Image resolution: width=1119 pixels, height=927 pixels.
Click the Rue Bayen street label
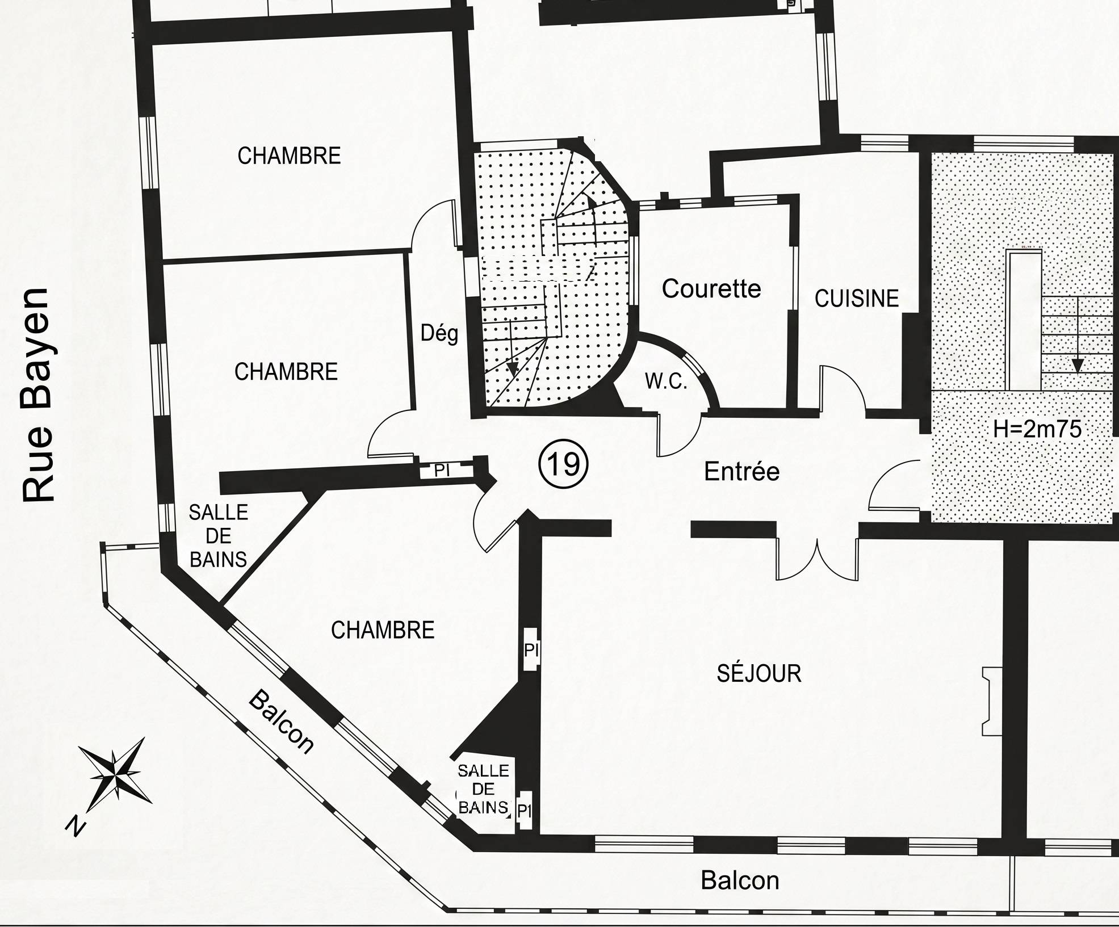pyautogui.click(x=39, y=395)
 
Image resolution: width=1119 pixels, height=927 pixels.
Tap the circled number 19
pyautogui.click(x=563, y=465)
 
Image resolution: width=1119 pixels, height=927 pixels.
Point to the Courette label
pyautogui.click(x=711, y=289)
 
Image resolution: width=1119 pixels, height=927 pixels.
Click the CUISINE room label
pyautogui.click(x=857, y=299)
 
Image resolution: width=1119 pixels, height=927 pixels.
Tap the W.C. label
pyautogui.click(x=666, y=381)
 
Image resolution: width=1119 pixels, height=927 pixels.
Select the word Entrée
pyautogui.click(x=741, y=471)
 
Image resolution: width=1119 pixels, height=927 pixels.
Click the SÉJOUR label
pyautogui.click(x=759, y=673)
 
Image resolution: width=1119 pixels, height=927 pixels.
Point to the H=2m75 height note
pyautogui.click(x=1037, y=429)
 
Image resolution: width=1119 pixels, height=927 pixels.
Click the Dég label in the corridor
pyautogui.click(x=439, y=333)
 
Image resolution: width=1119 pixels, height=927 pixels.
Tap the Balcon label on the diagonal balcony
pyautogui.click(x=280, y=722)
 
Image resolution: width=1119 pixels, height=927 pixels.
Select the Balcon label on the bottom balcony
pyautogui.click(x=740, y=880)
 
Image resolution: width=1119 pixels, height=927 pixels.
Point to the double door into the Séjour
pyautogui.click(x=818, y=559)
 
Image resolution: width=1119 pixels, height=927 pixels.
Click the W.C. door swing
pyautogui.click(x=680, y=435)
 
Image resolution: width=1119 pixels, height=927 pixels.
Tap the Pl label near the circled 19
pyautogui.click(x=442, y=470)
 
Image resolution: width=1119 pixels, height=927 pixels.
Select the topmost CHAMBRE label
pyautogui.click(x=289, y=156)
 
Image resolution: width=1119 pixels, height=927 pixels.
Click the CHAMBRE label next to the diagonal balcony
pyautogui.click(x=383, y=630)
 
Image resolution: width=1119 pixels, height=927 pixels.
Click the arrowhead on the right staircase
pyautogui.click(x=1077, y=365)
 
